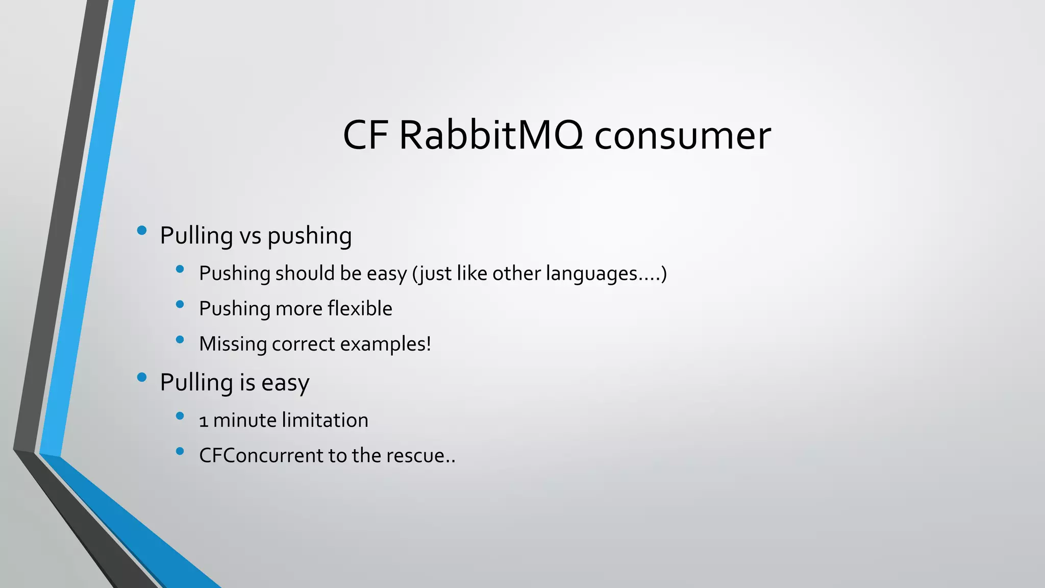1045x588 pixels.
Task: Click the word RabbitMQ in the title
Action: point(490,135)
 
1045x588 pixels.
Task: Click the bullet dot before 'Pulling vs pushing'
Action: point(142,231)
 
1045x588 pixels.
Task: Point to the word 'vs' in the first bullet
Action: point(251,236)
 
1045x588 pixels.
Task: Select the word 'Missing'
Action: point(233,344)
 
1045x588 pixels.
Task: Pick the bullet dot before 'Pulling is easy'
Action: point(142,378)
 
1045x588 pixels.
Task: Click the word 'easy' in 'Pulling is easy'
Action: point(285,383)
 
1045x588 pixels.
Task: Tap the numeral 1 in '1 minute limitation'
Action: point(204,421)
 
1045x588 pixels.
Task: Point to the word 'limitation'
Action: point(325,420)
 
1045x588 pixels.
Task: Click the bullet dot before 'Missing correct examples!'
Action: point(180,339)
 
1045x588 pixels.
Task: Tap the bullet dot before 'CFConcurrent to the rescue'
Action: point(180,451)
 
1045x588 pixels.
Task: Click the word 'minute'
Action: point(244,420)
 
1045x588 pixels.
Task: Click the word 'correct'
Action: point(303,344)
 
